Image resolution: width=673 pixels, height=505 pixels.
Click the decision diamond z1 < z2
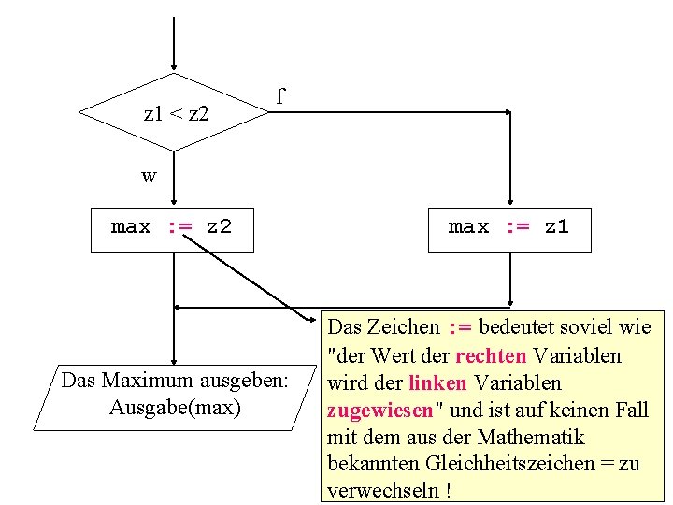tap(174, 113)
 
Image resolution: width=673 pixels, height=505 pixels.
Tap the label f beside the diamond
tap(279, 96)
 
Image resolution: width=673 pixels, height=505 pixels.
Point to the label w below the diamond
tap(149, 175)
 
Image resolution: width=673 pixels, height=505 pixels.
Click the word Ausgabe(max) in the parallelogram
tap(175, 408)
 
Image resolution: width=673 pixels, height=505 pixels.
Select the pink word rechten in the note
tap(491, 355)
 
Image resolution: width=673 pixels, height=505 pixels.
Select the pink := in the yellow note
tap(459, 327)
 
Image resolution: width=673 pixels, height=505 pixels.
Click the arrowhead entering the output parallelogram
tap(174, 359)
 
